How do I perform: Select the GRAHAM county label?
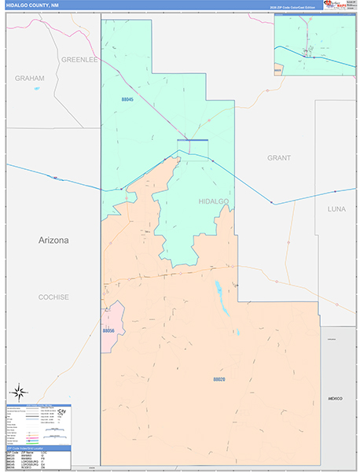point(29,79)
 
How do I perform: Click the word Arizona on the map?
point(54,240)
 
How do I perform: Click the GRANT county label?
point(278,158)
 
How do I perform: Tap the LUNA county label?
point(336,209)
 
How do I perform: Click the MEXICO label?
point(336,400)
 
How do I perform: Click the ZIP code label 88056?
point(108,331)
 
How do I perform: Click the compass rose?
point(20,391)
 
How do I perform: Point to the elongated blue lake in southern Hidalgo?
point(222,300)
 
